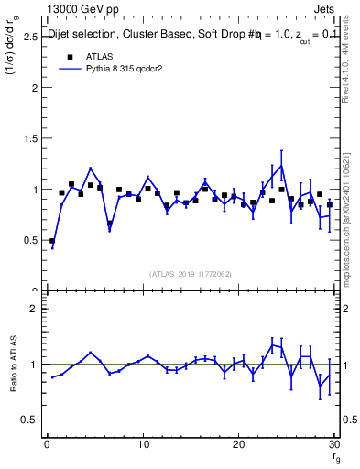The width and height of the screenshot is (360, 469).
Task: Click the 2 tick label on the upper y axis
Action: click(33, 89)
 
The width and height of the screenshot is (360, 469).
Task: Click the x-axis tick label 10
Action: click(143, 445)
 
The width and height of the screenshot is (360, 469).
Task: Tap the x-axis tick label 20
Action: click(239, 445)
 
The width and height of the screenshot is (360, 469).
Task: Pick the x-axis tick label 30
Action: click(334, 445)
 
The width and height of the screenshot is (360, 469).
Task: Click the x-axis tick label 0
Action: click(47, 445)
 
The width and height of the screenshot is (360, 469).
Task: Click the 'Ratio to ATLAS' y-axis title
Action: click(13, 364)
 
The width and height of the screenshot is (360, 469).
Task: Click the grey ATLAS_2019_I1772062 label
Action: click(191, 274)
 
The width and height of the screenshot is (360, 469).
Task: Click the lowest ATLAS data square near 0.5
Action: click(52, 241)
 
